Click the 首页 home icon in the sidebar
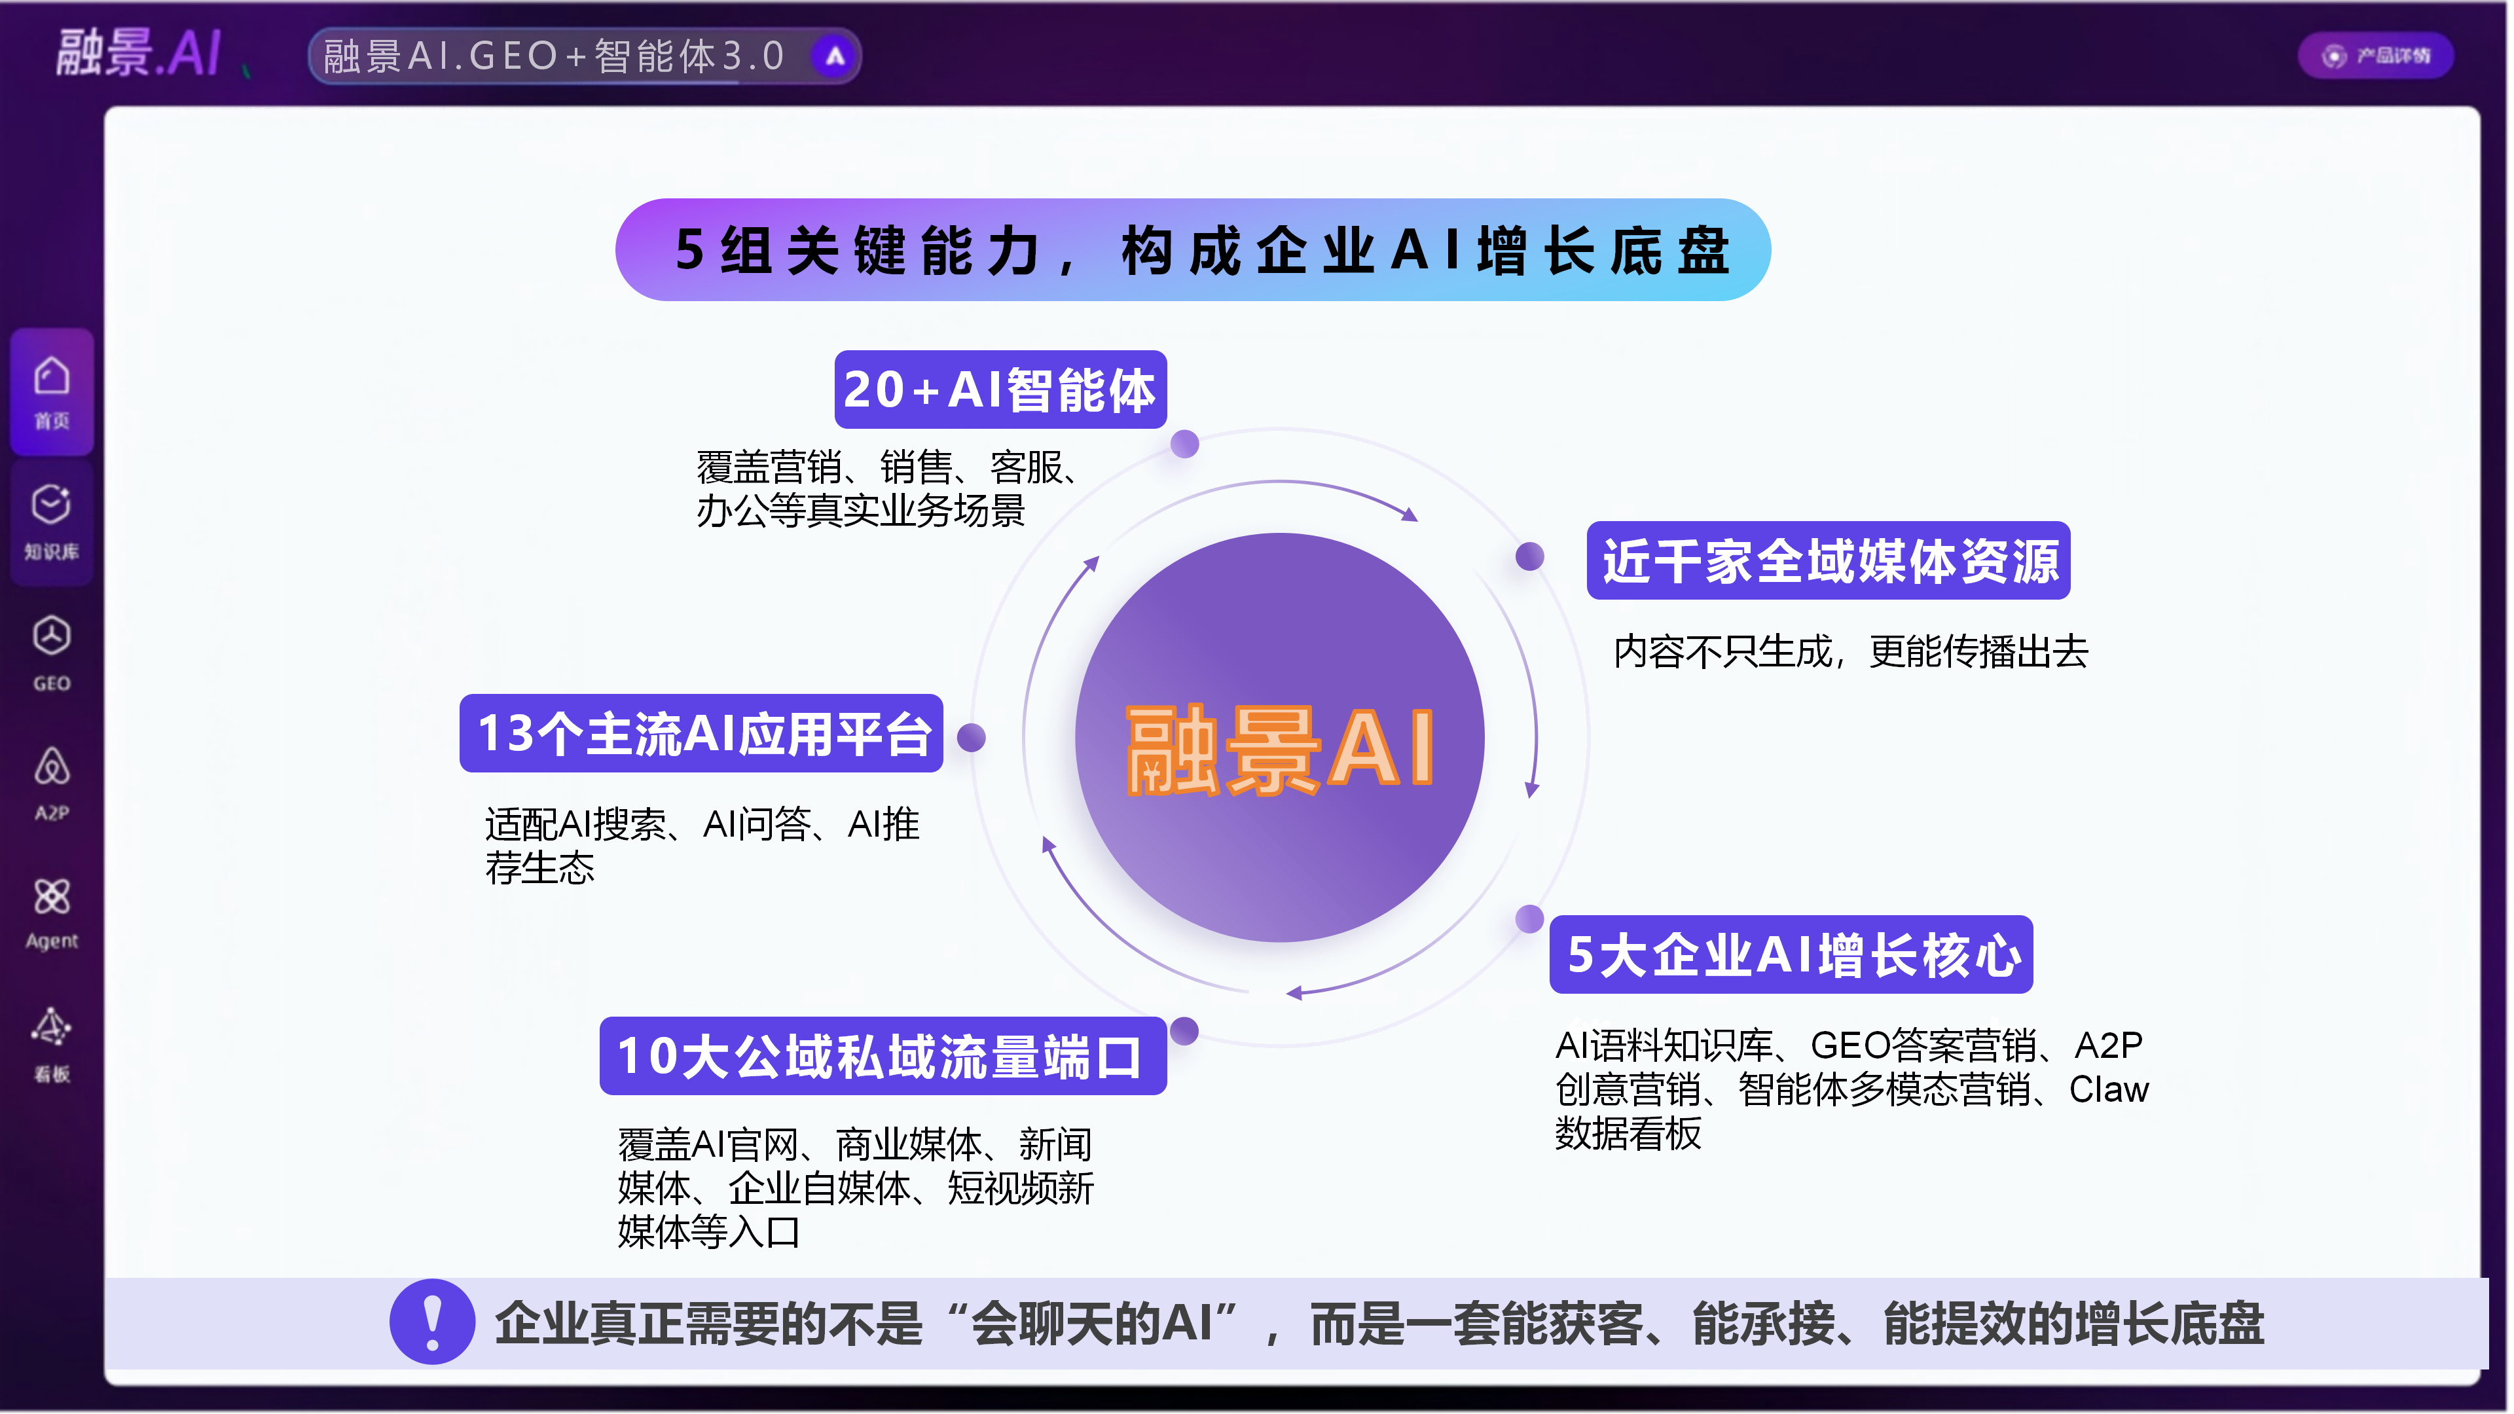point(52,376)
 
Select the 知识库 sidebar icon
point(52,505)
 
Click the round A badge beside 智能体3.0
point(835,56)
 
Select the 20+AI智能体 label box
point(1001,390)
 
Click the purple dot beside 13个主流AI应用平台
point(972,738)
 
